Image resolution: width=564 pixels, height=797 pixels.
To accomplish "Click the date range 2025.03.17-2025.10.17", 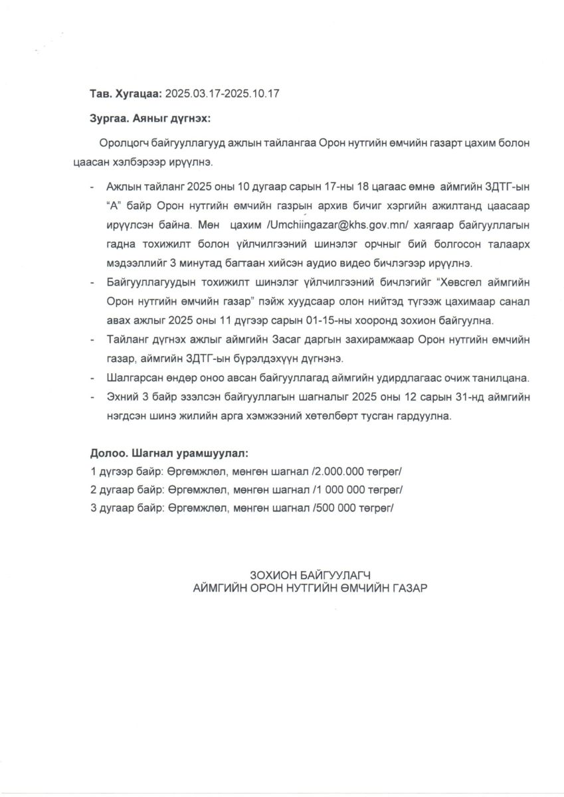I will click(x=222, y=94).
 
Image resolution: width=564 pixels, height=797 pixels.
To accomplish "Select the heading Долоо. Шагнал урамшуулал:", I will click(x=169, y=454).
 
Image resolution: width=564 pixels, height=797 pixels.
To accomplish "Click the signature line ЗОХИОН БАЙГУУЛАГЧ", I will click(x=309, y=574).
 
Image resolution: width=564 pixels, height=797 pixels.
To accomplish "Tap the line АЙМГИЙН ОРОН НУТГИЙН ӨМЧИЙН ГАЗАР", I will click(x=309, y=588).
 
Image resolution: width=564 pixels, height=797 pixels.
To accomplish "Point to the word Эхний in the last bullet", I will click(x=121, y=397).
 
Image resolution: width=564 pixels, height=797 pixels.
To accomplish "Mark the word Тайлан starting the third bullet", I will click(x=124, y=340).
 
